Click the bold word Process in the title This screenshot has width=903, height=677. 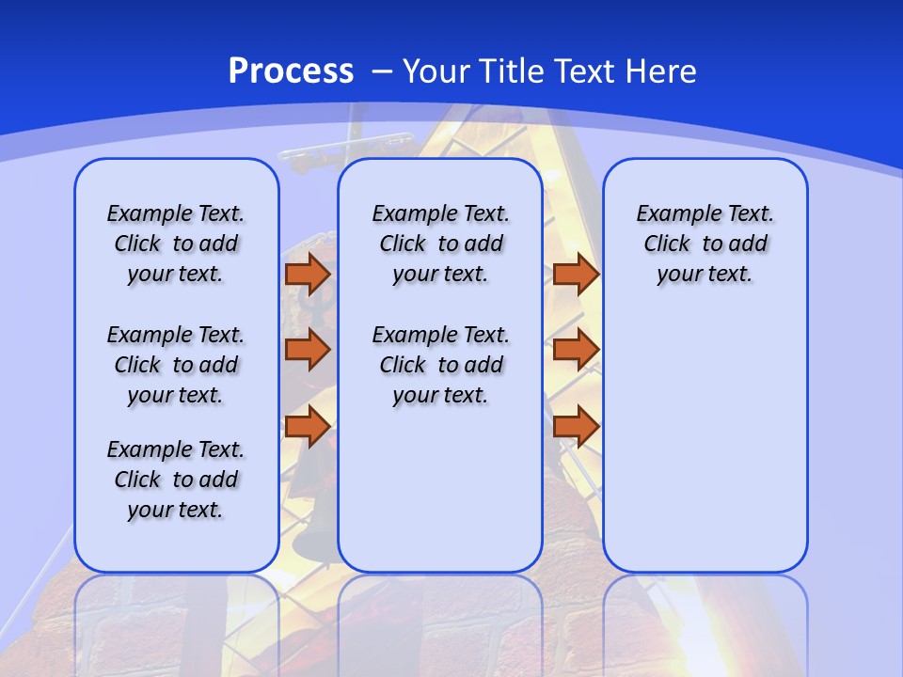click(x=291, y=71)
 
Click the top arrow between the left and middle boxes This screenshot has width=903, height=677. click(x=308, y=275)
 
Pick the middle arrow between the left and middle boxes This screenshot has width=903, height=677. click(x=308, y=350)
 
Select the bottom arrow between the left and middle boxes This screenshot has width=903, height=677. click(x=308, y=427)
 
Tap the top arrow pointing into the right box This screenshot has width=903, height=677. click(x=576, y=275)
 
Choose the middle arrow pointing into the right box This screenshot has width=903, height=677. click(x=576, y=350)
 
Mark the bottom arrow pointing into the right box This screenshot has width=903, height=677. click(x=576, y=427)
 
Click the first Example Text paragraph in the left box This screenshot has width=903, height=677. click(x=176, y=244)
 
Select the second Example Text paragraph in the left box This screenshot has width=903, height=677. click(x=176, y=365)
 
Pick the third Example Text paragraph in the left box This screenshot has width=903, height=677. click(x=176, y=480)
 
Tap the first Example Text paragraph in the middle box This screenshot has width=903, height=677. click(x=440, y=244)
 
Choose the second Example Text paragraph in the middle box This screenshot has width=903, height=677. click(x=440, y=365)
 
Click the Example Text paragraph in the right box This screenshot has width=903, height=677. click(x=705, y=244)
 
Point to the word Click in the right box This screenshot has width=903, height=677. click(x=667, y=244)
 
